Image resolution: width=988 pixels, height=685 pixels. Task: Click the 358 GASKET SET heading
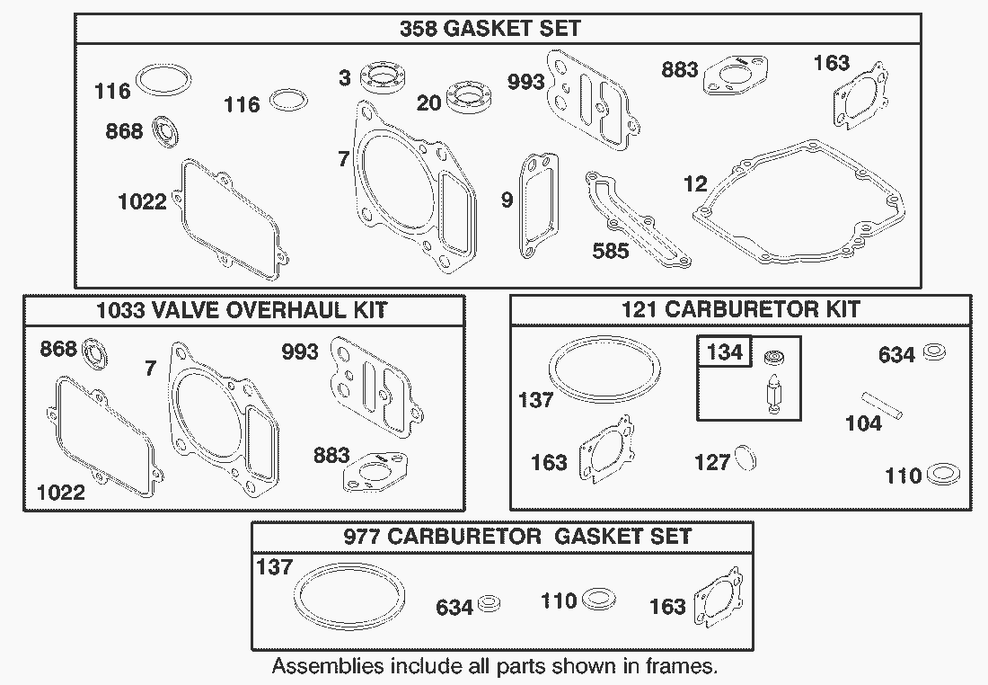coord(490,29)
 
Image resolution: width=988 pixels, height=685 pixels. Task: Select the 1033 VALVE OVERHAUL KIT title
coord(242,310)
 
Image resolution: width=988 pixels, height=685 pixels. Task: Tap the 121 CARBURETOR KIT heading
coord(740,309)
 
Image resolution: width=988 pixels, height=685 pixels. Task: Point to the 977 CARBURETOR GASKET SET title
coord(517,536)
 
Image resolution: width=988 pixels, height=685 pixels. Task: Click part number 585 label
coord(611,251)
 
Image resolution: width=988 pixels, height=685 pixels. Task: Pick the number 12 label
coord(695,183)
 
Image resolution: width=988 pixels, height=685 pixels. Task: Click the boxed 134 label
coord(725,351)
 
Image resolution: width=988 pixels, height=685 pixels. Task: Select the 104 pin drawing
coord(882,405)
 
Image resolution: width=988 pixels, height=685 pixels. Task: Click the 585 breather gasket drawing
coord(637,218)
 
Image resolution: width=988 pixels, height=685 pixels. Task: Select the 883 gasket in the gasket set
coord(736,75)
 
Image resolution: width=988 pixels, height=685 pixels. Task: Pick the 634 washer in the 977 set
coord(489,603)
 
